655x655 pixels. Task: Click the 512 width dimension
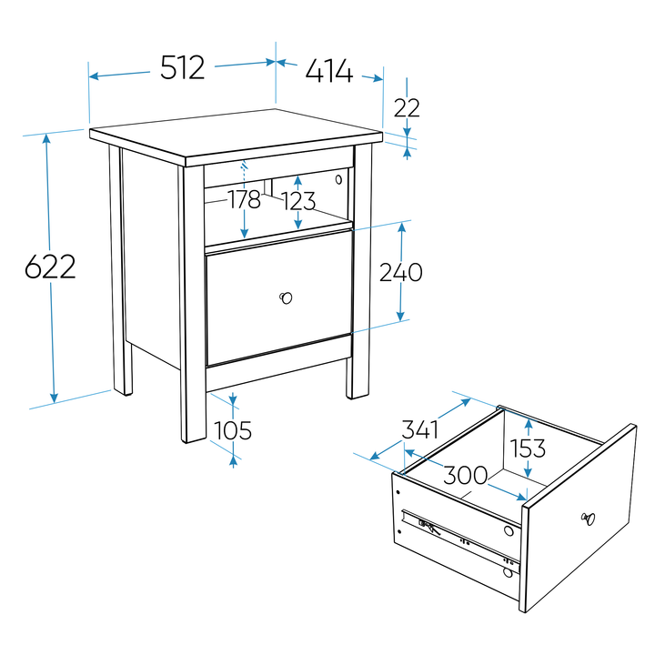183,67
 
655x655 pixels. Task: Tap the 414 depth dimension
329,71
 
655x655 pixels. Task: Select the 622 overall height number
50,267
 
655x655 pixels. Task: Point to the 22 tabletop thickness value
407,108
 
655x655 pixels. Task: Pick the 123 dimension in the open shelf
299,201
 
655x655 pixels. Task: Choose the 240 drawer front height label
400,272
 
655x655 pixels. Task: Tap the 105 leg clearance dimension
233,430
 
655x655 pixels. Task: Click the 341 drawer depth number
419,429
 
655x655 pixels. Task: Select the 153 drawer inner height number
528,448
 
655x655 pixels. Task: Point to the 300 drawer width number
465,475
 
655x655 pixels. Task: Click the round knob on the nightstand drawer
286,297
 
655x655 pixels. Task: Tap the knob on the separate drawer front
589,519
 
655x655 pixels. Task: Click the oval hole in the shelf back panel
338,179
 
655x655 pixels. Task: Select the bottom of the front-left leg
194,439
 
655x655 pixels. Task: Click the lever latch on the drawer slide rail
429,527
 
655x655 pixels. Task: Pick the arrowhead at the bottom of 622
54,398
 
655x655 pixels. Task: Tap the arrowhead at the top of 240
402,228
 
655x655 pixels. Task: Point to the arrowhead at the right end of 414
378,78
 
